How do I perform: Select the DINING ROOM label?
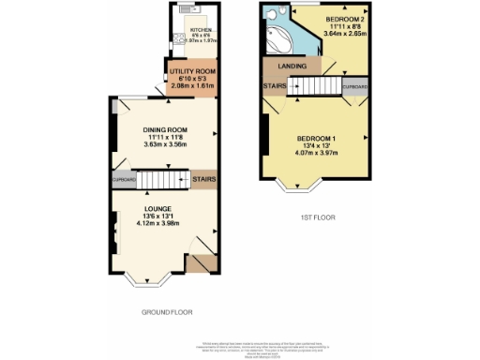(x=166, y=129)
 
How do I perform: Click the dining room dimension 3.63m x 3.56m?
(x=166, y=144)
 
